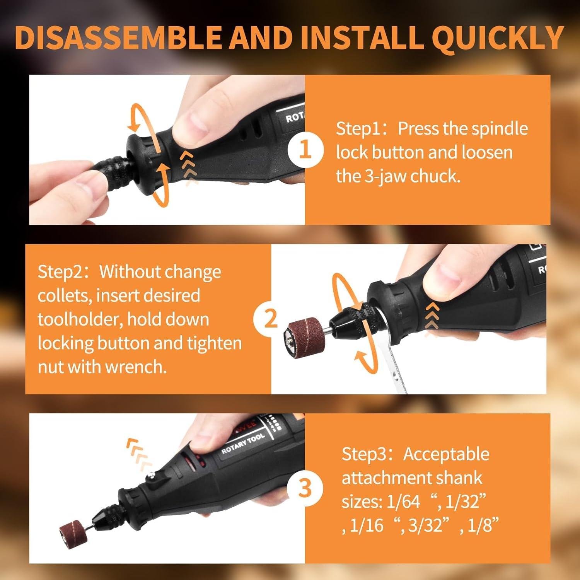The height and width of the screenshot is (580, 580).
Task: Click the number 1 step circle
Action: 305,150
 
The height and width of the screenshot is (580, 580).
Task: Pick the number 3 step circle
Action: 305,488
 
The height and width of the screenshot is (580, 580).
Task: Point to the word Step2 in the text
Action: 60,272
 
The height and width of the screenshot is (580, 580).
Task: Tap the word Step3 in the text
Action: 364,454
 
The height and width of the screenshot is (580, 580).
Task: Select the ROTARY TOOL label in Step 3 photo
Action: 243,444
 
